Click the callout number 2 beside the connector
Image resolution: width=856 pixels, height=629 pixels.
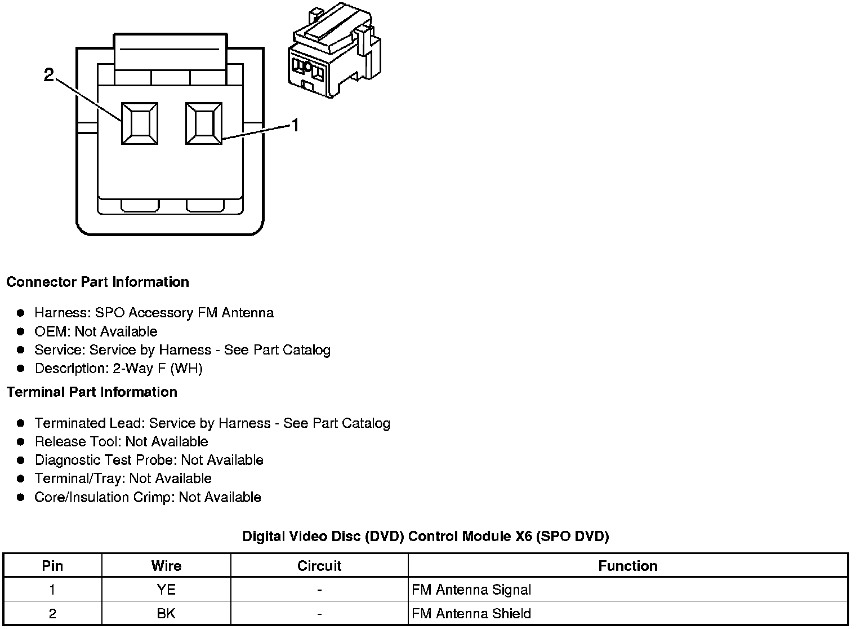pos(49,74)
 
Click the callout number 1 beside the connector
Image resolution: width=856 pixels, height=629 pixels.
pos(295,125)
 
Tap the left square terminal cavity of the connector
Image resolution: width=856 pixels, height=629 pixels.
pos(140,123)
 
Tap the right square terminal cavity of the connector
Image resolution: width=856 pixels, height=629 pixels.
pos(204,123)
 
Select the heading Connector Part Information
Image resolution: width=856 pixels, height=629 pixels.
pos(97,282)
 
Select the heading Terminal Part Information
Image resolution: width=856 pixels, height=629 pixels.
pos(92,392)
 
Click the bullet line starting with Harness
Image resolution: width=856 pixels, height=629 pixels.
pos(154,313)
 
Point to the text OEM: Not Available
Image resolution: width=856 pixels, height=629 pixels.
pos(96,331)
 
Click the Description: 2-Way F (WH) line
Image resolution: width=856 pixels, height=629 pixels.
pos(118,369)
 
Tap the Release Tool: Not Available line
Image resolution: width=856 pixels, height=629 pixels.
pos(121,441)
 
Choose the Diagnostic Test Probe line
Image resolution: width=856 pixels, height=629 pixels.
pos(149,460)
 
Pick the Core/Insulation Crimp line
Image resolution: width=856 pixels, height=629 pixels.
pos(148,497)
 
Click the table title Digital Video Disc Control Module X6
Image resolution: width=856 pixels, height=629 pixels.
pos(425,536)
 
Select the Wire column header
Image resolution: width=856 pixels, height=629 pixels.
pos(166,566)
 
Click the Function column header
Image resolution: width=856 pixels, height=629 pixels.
pos(627,566)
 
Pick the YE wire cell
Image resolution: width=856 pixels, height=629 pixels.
pos(166,590)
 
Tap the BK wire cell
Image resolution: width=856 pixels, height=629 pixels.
pos(166,613)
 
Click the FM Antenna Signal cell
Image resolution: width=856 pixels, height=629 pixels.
pos(471,590)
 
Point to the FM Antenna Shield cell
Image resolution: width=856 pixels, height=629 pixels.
pos(471,613)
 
